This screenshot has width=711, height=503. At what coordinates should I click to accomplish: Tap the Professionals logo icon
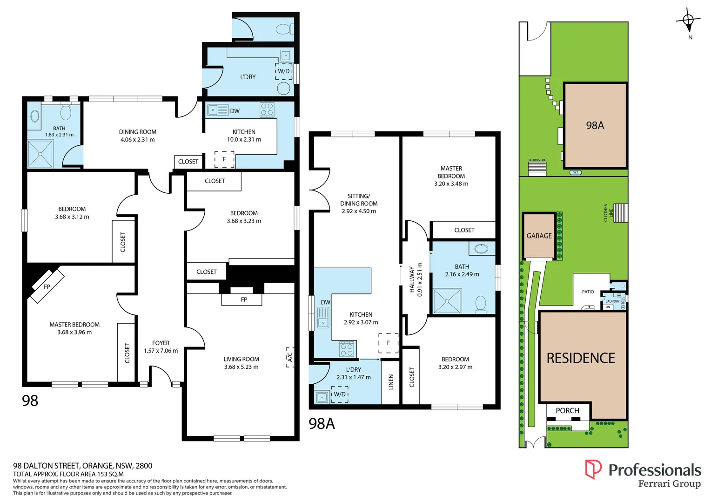pos(593,469)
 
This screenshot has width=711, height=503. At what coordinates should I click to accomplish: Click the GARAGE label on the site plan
pos(539,236)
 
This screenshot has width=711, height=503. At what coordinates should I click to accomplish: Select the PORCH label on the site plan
pos(567,411)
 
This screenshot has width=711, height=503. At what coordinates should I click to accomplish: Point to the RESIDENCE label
pos(581,358)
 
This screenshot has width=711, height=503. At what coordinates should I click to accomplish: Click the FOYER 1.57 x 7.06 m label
pos(161,347)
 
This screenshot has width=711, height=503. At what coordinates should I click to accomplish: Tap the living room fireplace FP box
pos(244,299)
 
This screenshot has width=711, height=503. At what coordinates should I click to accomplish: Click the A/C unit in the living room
pos(290,357)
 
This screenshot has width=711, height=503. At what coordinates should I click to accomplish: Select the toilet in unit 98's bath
pos(66,112)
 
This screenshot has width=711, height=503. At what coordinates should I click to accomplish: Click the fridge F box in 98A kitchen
pos(388,343)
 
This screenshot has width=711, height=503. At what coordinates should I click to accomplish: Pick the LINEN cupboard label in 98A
pos(391,382)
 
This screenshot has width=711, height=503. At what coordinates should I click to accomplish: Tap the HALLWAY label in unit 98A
pos(412,279)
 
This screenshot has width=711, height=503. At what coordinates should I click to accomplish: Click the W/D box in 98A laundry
pos(340,394)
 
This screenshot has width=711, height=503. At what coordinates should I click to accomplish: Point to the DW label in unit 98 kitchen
pos(235,111)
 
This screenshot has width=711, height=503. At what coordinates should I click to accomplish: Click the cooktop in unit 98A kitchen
pos(347,349)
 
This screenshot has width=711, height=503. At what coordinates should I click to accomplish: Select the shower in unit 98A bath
pos(447,301)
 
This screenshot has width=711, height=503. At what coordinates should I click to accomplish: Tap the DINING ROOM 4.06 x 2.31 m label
pos(138,136)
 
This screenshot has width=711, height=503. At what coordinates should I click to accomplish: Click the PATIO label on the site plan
pos(588,292)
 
